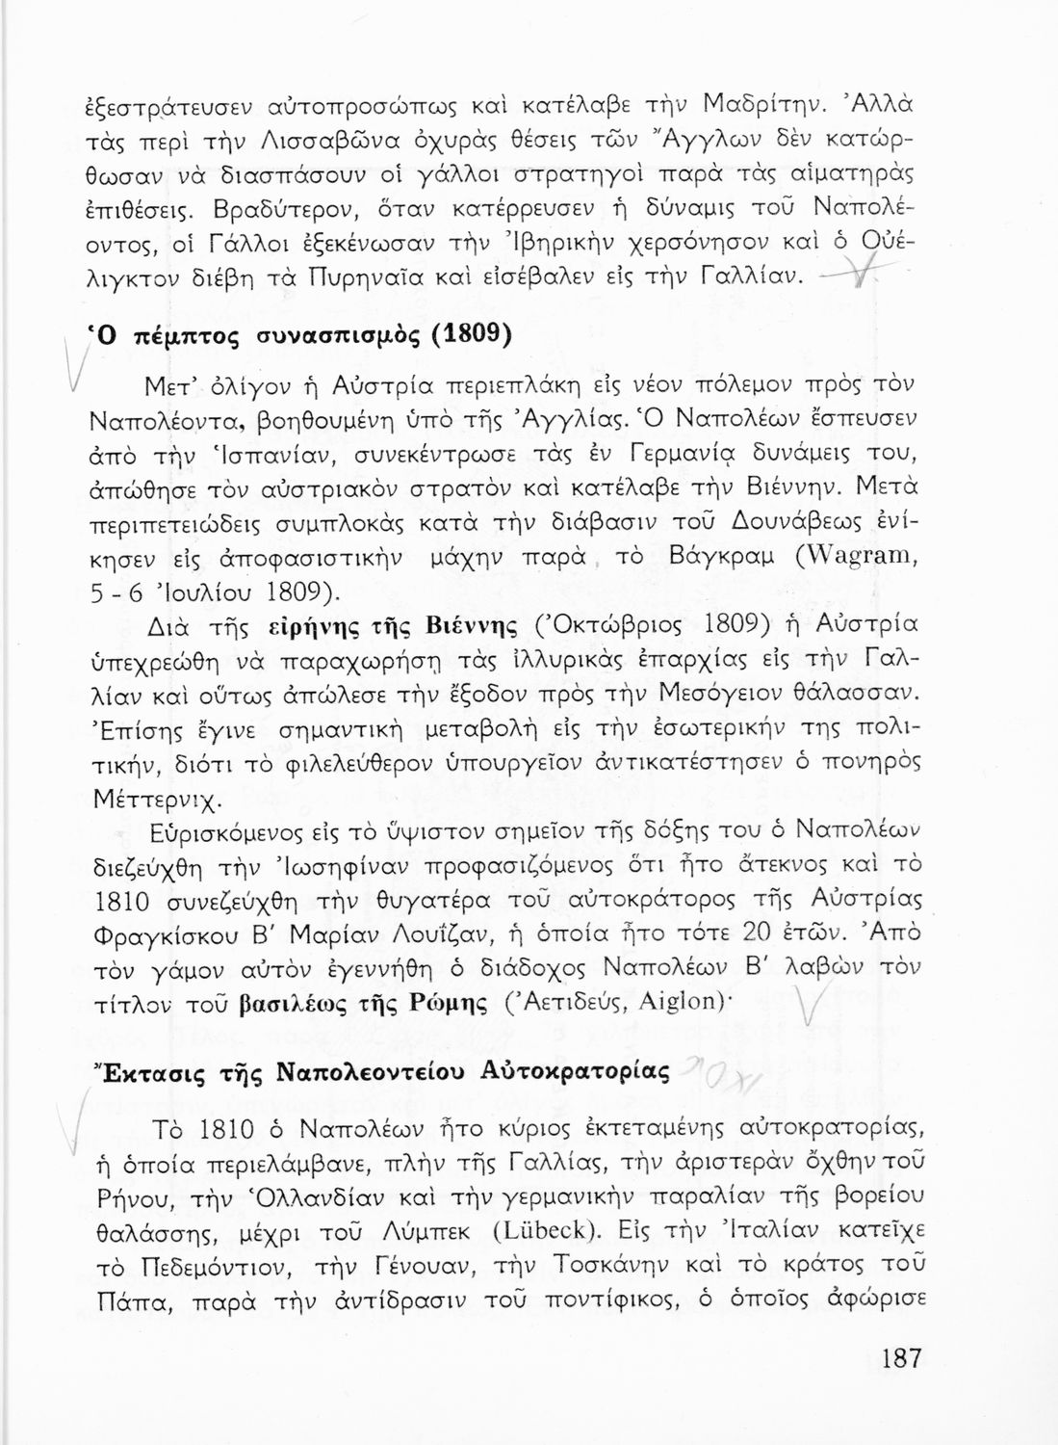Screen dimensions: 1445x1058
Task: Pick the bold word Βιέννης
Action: click(476, 625)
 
